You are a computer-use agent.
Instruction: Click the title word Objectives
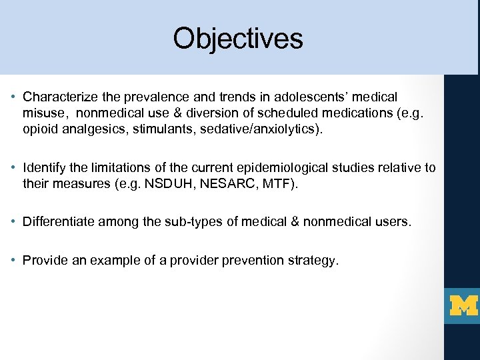click(238, 39)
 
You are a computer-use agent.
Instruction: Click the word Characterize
click(59, 97)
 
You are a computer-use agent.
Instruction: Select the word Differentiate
click(57, 222)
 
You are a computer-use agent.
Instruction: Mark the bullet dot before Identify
click(14, 167)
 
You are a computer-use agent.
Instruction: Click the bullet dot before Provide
click(14, 260)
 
